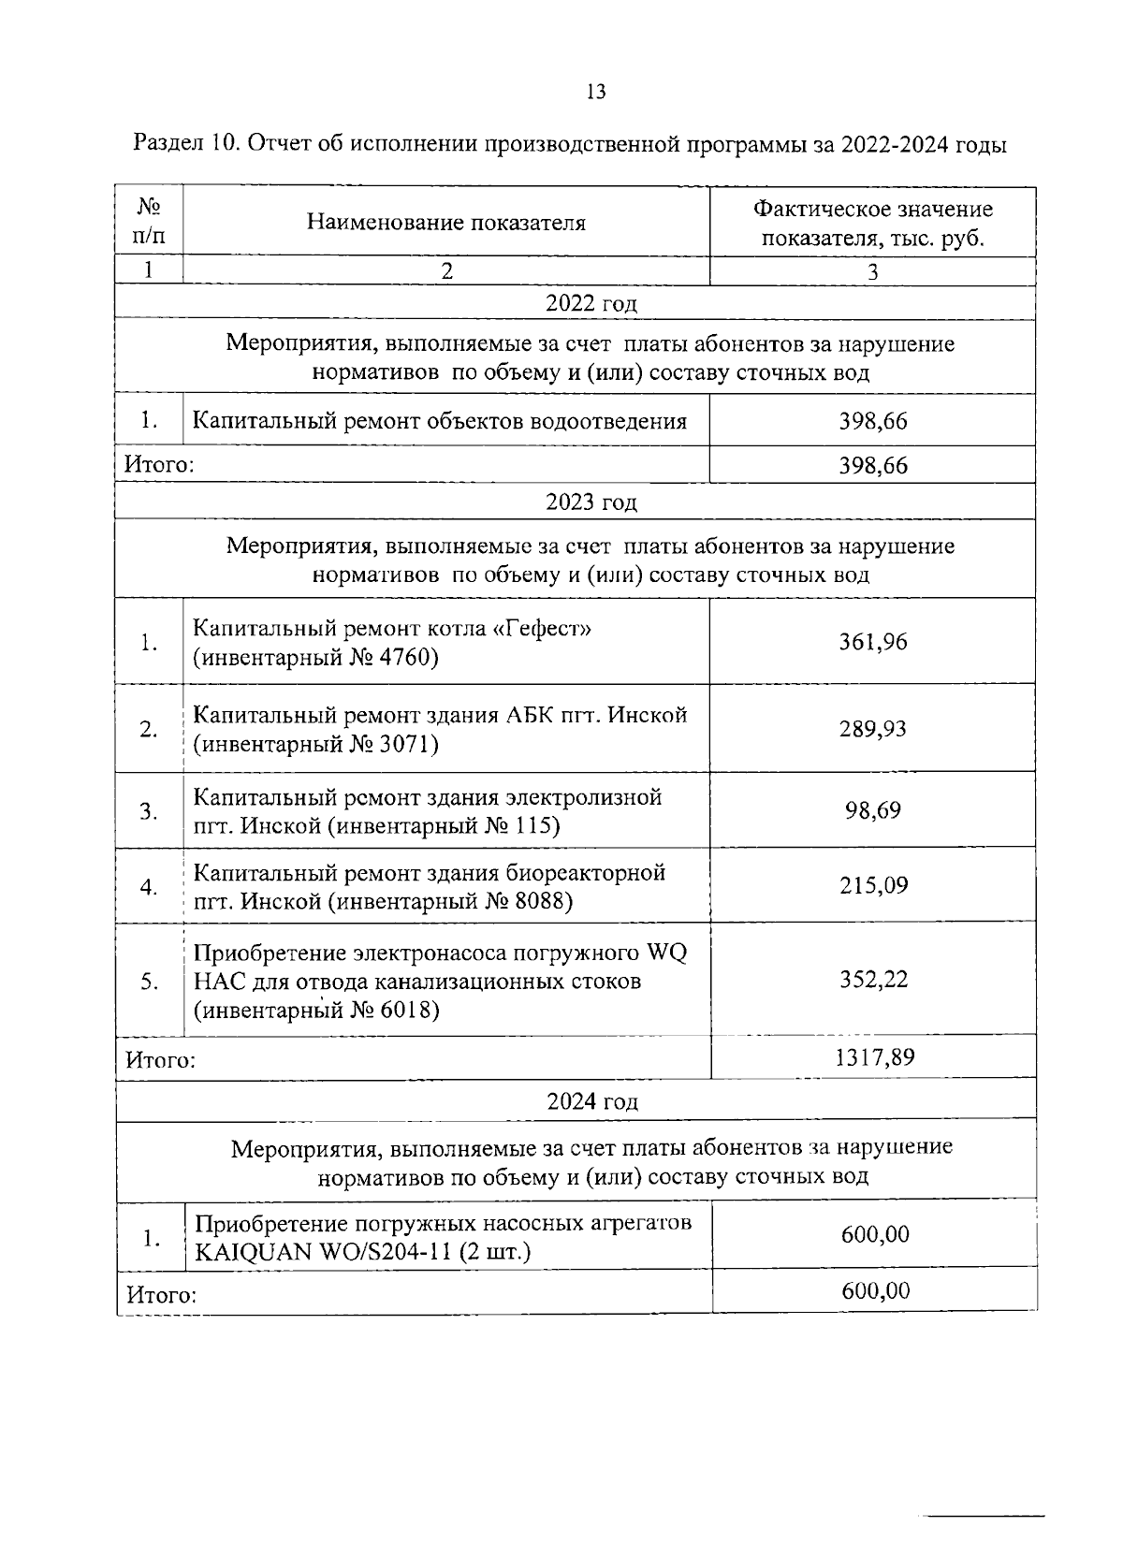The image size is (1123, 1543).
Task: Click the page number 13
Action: [x=595, y=91]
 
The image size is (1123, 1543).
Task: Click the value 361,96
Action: [x=872, y=642]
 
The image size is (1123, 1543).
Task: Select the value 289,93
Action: [x=872, y=728]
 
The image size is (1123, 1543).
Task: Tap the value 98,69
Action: [x=872, y=809]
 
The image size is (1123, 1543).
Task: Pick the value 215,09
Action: [x=872, y=885]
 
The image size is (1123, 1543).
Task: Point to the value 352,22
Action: [x=872, y=980]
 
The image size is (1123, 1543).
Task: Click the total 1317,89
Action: [x=873, y=1057]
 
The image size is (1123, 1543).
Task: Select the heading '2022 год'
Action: [x=591, y=303]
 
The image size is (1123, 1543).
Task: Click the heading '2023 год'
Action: [x=591, y=502]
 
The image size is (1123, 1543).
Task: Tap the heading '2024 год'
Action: [x=591, y=1101]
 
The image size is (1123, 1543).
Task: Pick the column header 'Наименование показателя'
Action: [x=445, y=223]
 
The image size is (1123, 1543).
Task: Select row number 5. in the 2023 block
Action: [x=149, y=981]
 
